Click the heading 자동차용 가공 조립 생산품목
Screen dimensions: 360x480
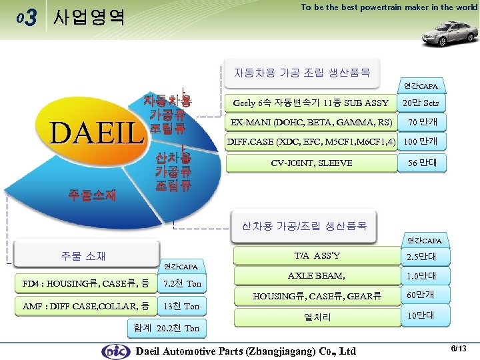[302, 72]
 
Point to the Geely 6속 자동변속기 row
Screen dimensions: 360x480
[311, 103]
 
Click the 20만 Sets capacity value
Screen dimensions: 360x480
[422, 103]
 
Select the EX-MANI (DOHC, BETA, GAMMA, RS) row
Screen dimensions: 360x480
[311, 123]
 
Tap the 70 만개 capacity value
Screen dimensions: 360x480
[422, 123]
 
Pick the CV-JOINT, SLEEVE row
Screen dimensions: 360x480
[311, 163]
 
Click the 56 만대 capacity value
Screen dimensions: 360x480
[422, 163]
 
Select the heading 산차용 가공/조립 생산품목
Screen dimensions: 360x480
[304, 225]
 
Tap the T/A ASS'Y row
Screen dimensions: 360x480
[317, 255]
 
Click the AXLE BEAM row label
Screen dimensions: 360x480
[317, 275]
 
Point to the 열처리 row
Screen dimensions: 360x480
[317, 317]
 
